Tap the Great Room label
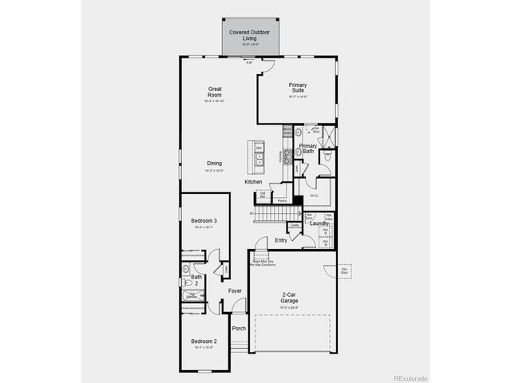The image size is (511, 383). pos(215,92)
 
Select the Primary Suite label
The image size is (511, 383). pos(298,88)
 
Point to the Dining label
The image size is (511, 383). pos(215,164)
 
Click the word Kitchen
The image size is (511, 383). pos(254,183)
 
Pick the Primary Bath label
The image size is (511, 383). pos(308,148)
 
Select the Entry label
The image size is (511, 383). pos(281,240)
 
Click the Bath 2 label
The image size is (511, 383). pos(196,280)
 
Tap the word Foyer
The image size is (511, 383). pos(235,290)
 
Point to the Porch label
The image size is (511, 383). pos(239,328)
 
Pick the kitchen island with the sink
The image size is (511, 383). pos(259,156)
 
